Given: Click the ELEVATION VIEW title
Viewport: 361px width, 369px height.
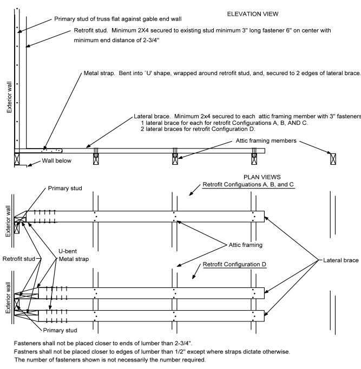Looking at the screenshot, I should (253, 13).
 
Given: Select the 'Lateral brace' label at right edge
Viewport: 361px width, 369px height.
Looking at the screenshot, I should (341, 260).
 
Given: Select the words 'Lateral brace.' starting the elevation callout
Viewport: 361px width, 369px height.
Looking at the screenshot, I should (153, 117).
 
